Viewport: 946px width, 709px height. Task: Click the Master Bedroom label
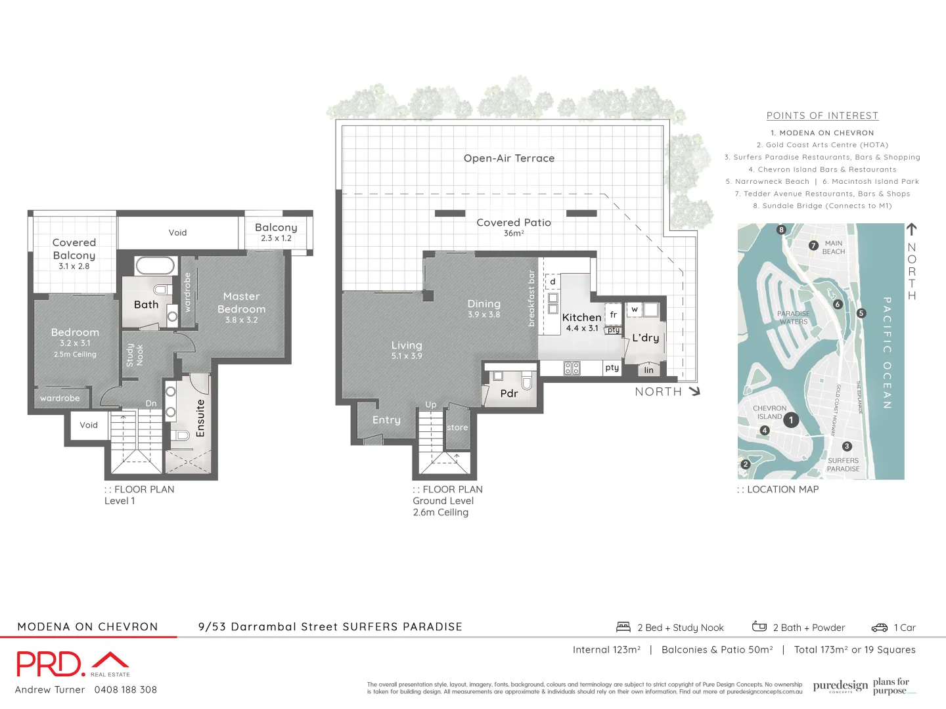pos(241,303)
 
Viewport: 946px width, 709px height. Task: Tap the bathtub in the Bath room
pos(155,266)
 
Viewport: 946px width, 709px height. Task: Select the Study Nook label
pos(134,354)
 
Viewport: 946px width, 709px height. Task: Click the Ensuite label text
pos(200,418)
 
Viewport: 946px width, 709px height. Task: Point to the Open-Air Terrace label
pos(508,158)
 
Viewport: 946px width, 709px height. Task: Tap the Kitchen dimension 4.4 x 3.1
pos(582,328)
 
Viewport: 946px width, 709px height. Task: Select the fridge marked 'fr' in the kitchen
pos(613,314)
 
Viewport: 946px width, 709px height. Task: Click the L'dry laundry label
pos(645,337)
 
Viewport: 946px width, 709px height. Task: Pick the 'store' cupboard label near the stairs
pos(457,427)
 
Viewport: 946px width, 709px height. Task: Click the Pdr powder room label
pos(508,393)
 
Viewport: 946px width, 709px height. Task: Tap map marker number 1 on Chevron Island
pos(791,420)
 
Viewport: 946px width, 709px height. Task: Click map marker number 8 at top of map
pos(781,230)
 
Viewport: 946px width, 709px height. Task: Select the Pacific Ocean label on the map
pos(887,353)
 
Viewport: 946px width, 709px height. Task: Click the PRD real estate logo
pos(72,664)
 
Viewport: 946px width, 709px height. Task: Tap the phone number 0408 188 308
pos(125,689)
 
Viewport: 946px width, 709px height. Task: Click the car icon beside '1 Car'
pos(879,628)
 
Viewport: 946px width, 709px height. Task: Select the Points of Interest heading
pos(822,116)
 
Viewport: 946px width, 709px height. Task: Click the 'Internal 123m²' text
pos(606,649)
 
